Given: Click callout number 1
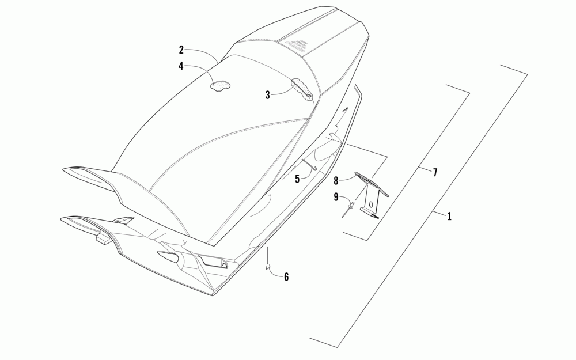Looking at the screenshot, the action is pos(449,217).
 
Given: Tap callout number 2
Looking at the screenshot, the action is pos(181,50).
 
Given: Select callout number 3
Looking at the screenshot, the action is pos(268,95).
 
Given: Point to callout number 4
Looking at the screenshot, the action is pos(181,66).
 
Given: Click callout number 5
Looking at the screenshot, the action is pos(297,179).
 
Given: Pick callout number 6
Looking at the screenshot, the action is pos(286,277).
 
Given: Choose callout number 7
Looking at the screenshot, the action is pos(435,172).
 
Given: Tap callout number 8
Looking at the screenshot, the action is pos(335,181).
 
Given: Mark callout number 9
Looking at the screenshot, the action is pos(335,197).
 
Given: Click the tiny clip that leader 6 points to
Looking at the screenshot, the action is pos(267,267).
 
